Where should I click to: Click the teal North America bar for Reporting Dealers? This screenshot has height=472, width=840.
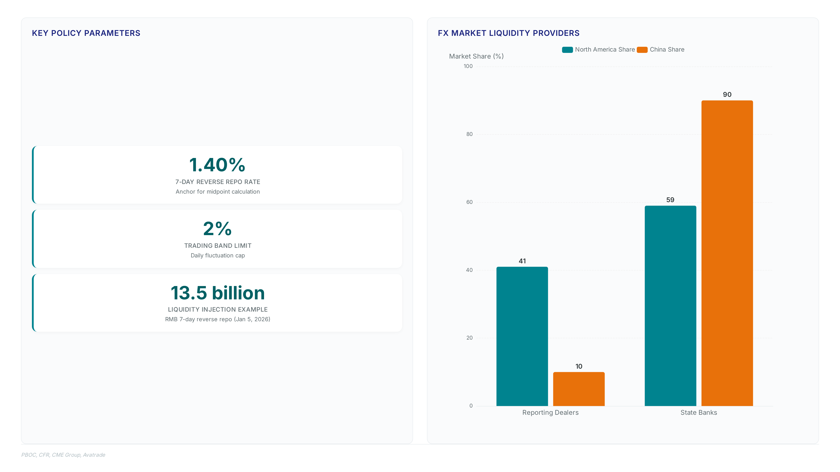tap(522, 336)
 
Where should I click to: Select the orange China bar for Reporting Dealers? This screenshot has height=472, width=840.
tap(579, 389)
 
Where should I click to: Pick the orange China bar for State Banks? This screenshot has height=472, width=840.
tap(727, 253)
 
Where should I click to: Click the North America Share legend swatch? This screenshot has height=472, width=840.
tap(567, 50)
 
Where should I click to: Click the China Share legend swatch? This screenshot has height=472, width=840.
tap(642, 50)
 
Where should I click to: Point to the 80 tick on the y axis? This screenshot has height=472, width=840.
tap(469, 134)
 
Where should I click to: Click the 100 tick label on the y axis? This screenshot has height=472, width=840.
tap(468, 66)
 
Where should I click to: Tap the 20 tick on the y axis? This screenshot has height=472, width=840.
tap(469, 338)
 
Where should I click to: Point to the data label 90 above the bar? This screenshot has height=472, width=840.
tap(727, 94)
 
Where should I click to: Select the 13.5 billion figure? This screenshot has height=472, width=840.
tap(217, 293)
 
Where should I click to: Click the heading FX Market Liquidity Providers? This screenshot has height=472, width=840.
tap(509, 33)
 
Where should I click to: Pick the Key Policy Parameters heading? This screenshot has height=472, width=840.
tap(86, 33)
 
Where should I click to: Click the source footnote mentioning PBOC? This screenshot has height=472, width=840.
tap(63, 455)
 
